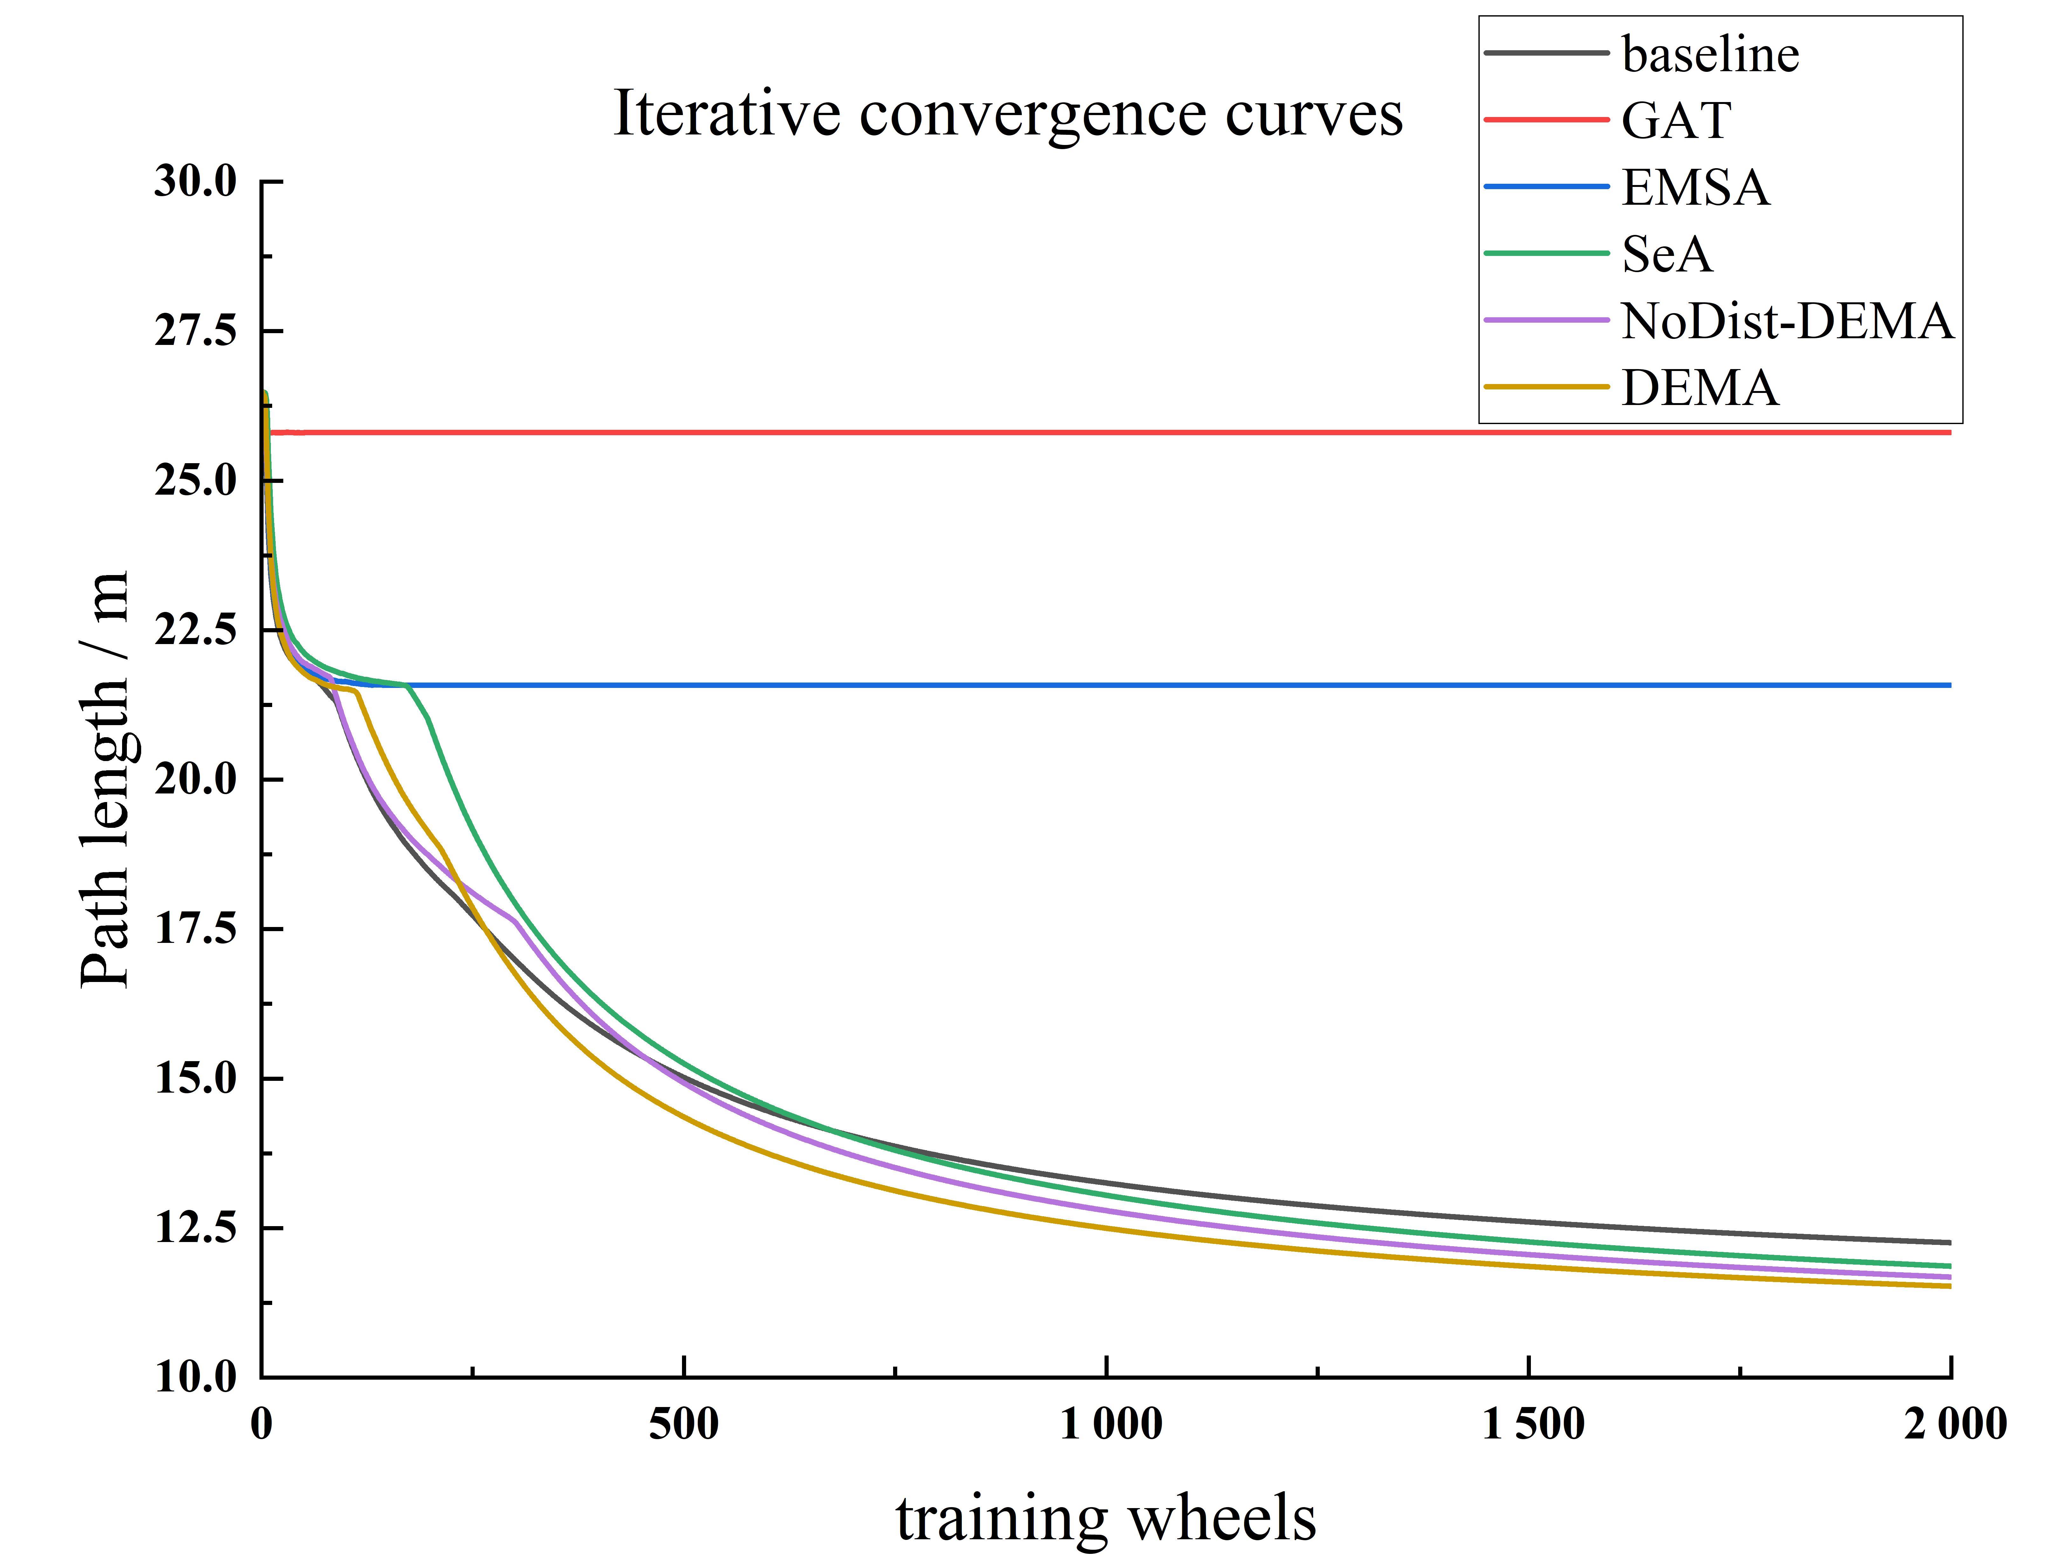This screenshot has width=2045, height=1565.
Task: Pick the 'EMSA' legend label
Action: (1695, 187)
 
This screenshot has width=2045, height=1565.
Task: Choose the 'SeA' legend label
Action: (1667, 254)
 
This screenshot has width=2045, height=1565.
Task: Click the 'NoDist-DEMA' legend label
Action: (1787, 321)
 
